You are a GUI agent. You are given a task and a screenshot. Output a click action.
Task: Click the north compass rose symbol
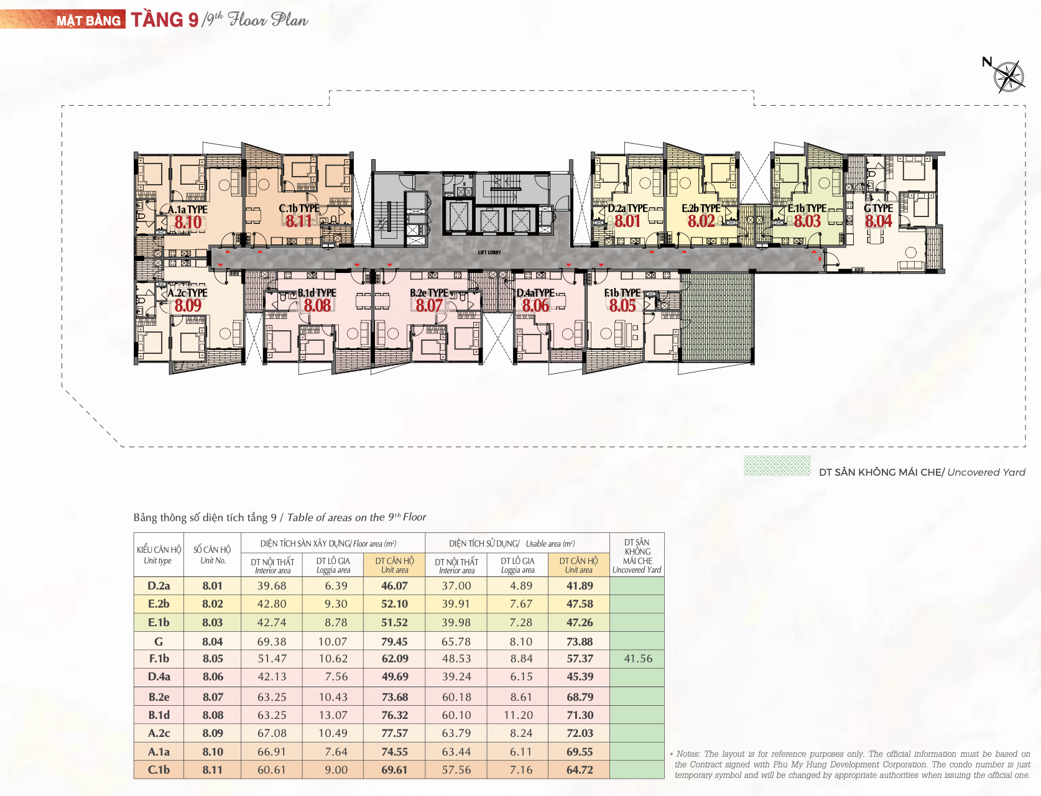(1008, 77)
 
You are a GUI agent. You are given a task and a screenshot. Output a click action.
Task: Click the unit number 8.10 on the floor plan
(188, 223)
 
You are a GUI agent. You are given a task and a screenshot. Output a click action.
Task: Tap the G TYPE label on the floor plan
(878, 208)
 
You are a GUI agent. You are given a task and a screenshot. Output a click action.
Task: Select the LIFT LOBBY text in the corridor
(489, 252)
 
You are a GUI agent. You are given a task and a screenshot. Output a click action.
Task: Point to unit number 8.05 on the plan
(622, 306)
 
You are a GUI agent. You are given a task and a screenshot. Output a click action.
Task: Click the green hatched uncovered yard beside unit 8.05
(717, 317)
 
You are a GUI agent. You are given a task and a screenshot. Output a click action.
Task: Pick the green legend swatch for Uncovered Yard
(777, 466)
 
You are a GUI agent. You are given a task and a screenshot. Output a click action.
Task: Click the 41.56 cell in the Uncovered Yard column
(638, 659)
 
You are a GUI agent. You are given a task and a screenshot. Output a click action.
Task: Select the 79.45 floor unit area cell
(395, 641)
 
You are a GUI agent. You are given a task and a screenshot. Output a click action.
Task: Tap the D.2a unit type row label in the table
(159, 586)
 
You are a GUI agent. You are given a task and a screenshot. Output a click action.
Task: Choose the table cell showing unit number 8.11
(213, 770)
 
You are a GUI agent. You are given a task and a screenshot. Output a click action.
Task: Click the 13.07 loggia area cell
(333, 715)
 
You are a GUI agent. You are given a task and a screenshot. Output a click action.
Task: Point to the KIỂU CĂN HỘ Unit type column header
(159, 555)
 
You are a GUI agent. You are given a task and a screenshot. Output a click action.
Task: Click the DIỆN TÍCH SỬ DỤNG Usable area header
(512, 544)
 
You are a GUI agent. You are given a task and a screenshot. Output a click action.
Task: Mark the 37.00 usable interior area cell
(456, 586)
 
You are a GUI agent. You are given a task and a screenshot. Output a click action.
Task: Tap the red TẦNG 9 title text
(165, 20)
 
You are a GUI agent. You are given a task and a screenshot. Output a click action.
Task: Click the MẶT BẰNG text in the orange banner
(89, 21)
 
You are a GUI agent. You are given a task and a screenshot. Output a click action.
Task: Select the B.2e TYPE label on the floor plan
(429, 293)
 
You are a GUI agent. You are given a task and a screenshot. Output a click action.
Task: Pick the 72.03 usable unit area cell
(580, 733)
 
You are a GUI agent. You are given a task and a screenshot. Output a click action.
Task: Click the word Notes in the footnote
(688, 754)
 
